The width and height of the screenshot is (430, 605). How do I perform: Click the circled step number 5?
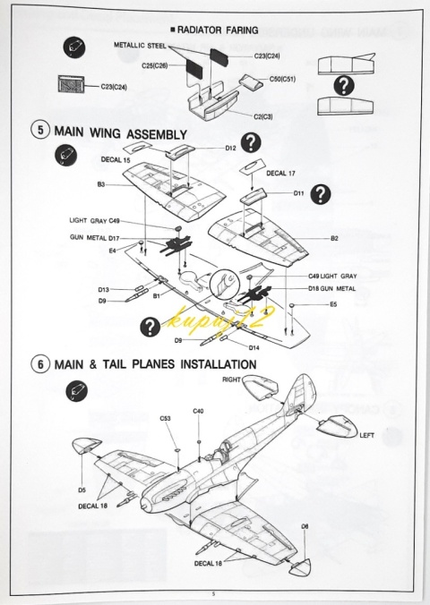tap(40, 130)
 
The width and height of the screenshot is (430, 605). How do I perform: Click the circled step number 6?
tap(40, 364)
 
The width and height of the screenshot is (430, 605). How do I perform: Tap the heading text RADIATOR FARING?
tap(218, 30)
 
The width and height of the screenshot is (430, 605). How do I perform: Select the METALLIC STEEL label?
tap(140, 45)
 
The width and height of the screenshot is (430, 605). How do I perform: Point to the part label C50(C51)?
tap(282, 79)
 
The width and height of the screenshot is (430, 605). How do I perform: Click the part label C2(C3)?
tap(262, 116)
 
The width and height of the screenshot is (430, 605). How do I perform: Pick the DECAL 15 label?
tap(116, 159)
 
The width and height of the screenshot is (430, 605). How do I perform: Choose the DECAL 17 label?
tap(280, 174)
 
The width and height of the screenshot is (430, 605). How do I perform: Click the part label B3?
tap(101, 185)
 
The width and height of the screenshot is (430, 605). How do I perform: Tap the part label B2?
tap(334, 238)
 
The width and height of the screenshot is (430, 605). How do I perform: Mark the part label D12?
tap(230, 148)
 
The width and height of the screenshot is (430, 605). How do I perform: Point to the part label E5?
tap(333, 304)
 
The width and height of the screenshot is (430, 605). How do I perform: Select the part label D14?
tap(254, 347)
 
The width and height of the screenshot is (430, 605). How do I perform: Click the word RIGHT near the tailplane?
tap(231, 379)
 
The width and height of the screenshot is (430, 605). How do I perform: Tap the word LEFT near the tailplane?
tap(367, 435)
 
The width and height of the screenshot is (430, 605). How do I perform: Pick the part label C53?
tap(166, 419)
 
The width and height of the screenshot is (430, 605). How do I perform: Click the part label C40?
tap(198, 412)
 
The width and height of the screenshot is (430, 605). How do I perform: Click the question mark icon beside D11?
tap(321, 194)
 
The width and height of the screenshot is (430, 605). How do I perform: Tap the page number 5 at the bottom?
tap(213, 594)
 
